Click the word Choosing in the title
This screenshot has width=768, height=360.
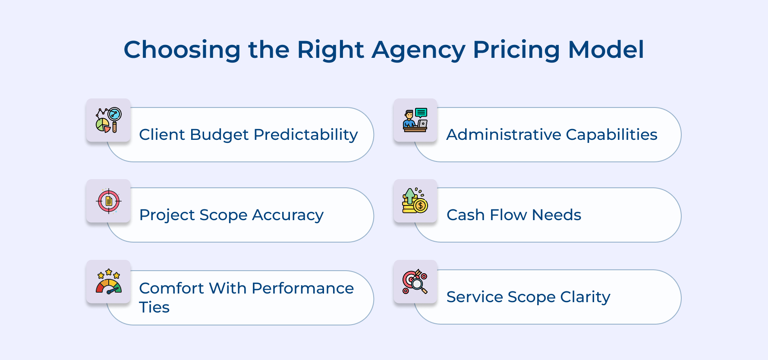coord(182,50)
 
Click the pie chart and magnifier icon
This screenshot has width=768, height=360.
coord(108,120)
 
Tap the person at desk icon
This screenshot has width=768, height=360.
coord(415,120)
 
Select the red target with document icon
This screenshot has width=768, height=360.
coord(108,201)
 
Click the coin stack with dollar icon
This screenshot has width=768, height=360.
coord(415,201)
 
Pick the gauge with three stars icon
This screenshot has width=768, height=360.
coord(108,281)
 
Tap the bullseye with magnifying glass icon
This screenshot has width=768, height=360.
coord(415,281)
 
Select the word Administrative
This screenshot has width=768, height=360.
coord(504,135)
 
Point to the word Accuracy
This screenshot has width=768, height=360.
coord(288,215)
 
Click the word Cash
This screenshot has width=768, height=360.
coord(465,215)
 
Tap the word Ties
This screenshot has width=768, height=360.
coord(154,307)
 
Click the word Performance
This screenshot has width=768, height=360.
coord(302,288)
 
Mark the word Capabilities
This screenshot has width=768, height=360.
coord(611,135)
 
